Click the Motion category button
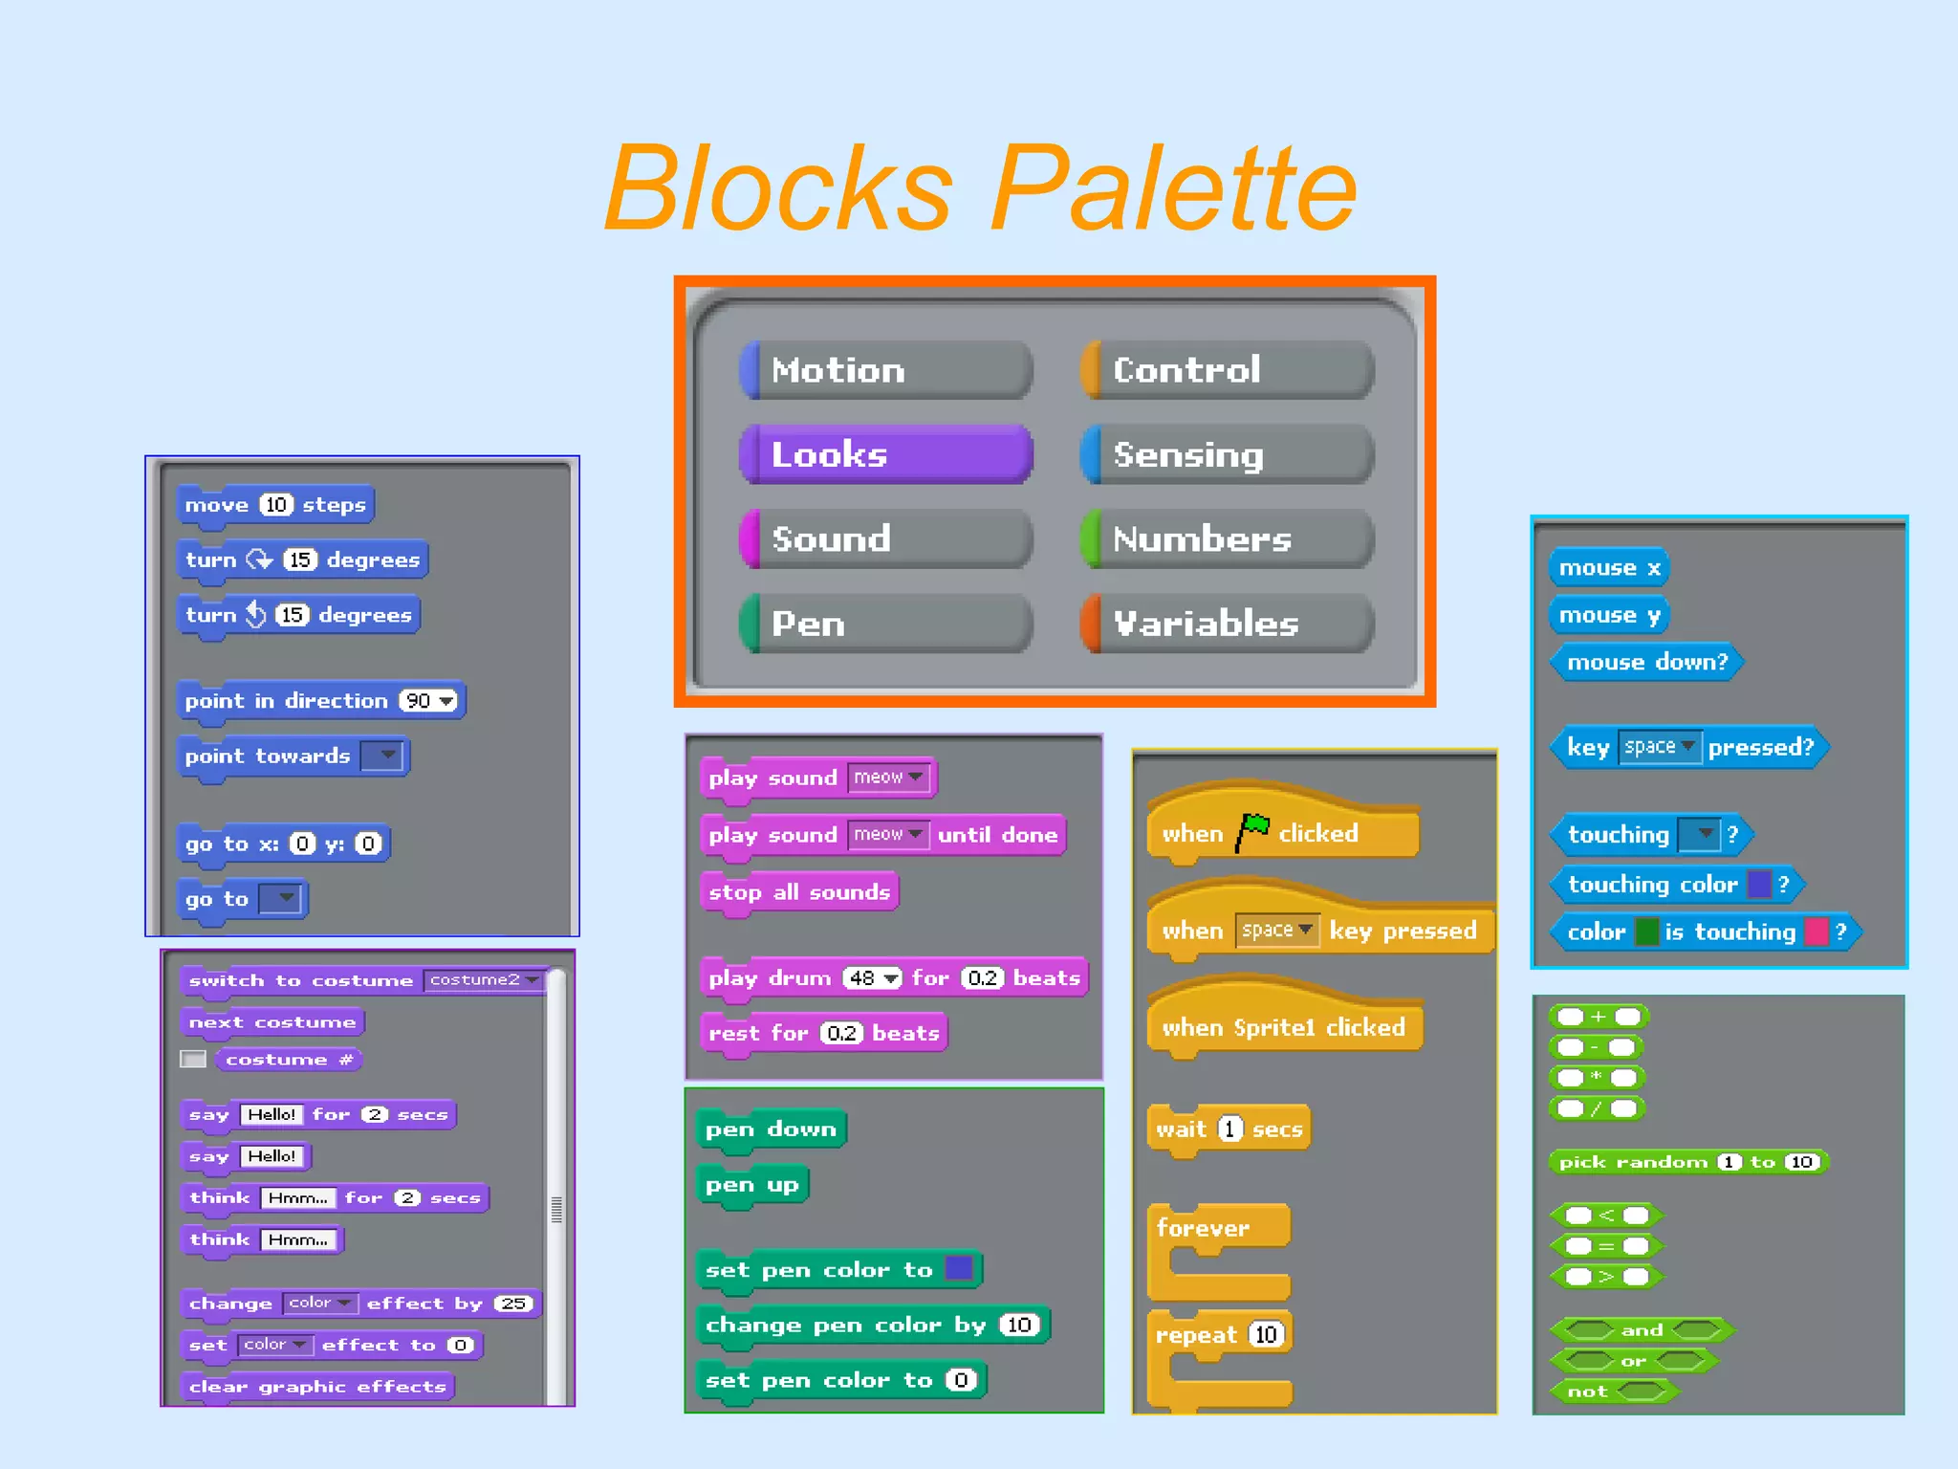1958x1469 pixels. [x=885, y=370]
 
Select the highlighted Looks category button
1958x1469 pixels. [x=885, y=454]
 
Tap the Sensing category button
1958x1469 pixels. [x=1227, y=454]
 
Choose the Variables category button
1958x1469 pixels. [x=1227, y=624]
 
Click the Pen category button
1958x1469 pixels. [x=885, y=624]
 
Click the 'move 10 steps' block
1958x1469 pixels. [x=275, y=505]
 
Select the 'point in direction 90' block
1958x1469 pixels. [x=321, y=701]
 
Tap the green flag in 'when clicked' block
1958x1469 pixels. [x=1252, y=829]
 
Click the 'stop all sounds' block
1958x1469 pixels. [x=799, y=892]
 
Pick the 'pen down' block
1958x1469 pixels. [x=771, y=1129]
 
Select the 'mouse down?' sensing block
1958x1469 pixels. [x=1647, y=662]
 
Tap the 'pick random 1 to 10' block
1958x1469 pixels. [x=1687, y=1162]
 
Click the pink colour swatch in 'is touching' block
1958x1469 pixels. [x=1816, y=932]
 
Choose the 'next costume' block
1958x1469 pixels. [x=272, y=1022]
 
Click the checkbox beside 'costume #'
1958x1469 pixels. [x=194, y=1060]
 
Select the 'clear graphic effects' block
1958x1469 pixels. [x=317, y=1387]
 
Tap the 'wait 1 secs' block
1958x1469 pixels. [x=1229, y=1129]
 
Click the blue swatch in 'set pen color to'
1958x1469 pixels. [x=958, y=1268]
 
